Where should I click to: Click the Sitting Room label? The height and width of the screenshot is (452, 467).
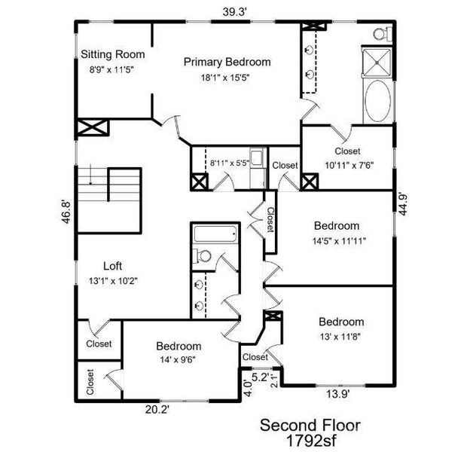point(113,55)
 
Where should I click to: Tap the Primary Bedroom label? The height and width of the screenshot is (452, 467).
point(227,63)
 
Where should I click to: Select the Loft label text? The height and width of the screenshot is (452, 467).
point(112,266)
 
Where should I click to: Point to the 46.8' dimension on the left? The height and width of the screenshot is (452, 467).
point(66,210)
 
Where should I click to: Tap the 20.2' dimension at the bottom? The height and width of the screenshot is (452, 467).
point(157,409)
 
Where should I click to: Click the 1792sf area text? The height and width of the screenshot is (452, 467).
point(310,439)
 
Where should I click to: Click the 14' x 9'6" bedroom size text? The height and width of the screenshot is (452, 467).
point(179,359)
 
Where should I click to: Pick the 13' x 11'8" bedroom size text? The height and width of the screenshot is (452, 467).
point(340,336)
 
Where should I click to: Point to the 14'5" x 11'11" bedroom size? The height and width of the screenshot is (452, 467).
point(337,240)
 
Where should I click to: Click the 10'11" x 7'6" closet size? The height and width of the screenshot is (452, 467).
point(348,166)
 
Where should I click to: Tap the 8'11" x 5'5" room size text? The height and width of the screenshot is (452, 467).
point(227,161)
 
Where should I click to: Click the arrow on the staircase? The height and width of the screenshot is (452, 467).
point(90,178)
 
